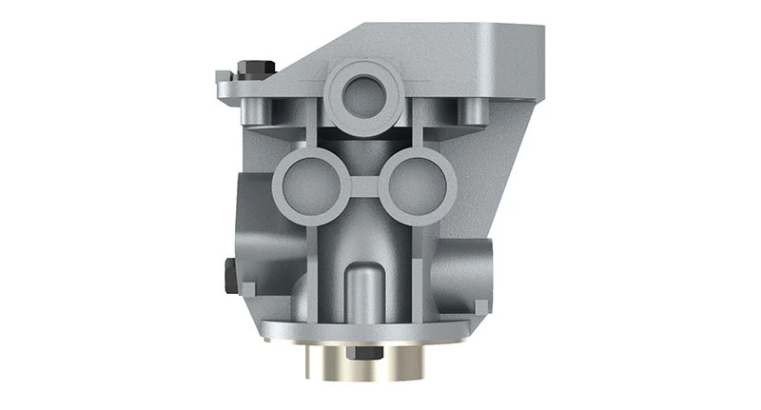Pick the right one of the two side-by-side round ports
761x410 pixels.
coord(417,186)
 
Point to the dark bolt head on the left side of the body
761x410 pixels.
coord(229,275)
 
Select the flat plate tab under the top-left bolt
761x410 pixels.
coord(238,88)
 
